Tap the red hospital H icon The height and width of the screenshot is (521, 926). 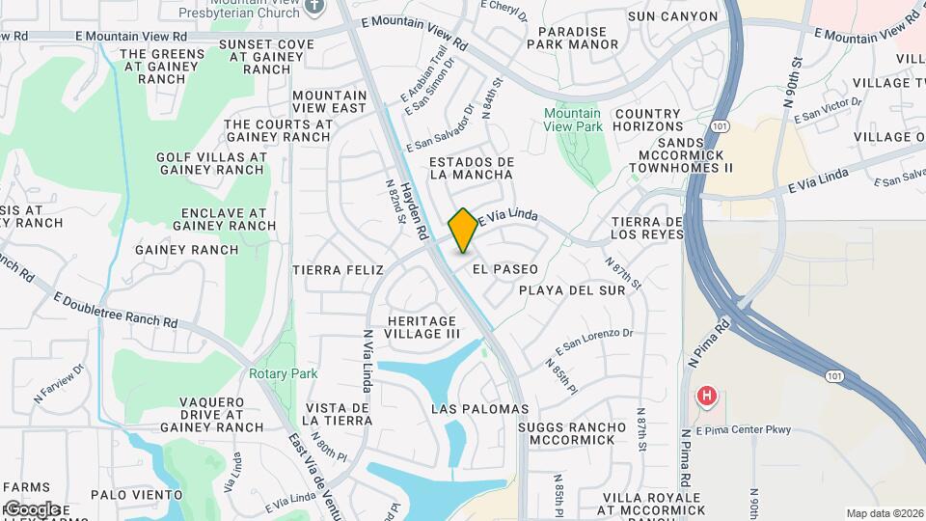707,396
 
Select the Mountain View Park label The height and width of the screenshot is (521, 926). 572,120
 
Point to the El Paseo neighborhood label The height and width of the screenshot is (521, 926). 505,269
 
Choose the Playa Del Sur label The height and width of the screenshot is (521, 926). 572,289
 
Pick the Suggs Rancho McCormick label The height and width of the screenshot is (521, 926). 566,433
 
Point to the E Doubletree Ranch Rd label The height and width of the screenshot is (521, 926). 116,310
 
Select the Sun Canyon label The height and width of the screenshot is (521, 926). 672,16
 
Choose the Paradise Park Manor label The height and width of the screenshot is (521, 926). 573,38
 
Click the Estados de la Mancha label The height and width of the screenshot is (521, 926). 471,168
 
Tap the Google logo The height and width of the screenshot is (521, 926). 31,508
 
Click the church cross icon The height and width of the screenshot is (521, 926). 313,6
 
